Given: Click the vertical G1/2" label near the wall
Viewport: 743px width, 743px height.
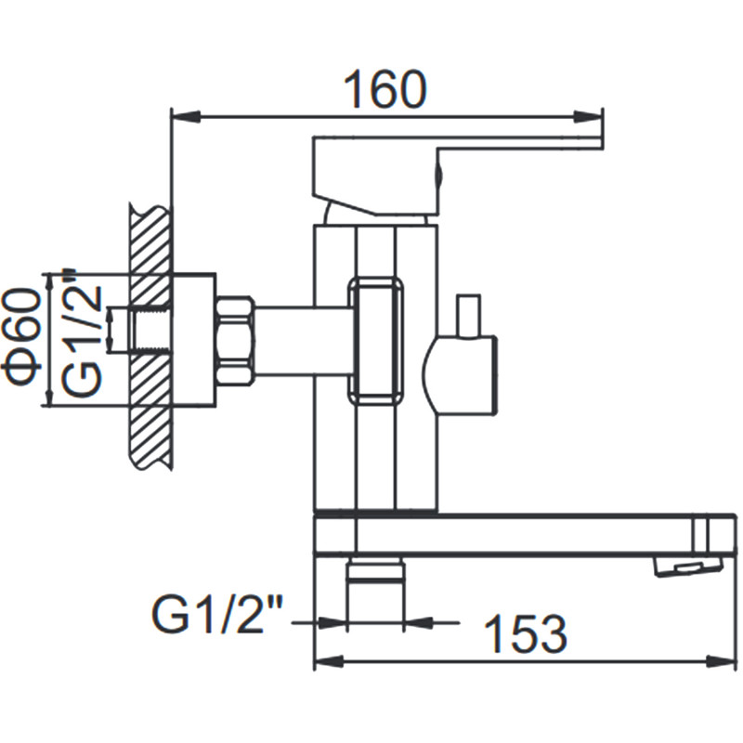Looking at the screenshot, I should click(x=85, y=334).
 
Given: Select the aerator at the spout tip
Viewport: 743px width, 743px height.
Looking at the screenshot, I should click(x=687, y=564).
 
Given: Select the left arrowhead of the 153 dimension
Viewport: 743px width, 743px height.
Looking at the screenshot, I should click(x=325, y=660).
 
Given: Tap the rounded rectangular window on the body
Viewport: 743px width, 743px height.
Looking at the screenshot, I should click(x=377, y=340).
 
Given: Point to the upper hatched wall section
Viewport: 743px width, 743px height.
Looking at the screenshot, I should click(x=149, y=241).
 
